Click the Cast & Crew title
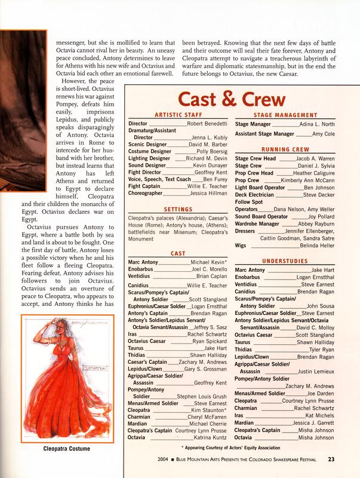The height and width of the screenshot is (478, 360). coord(233,99)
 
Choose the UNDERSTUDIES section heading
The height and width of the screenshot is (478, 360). coord(284,261)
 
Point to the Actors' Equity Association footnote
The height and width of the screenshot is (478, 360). coord(233,448)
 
